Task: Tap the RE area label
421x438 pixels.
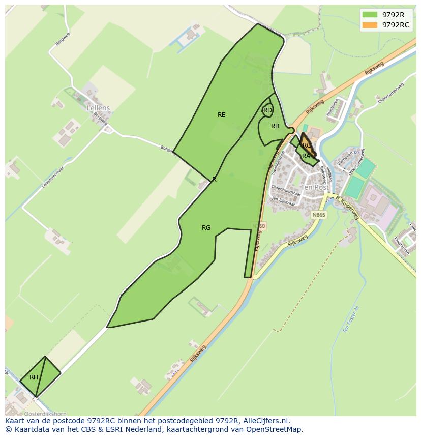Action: point(221,115)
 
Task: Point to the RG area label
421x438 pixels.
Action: point(206,228)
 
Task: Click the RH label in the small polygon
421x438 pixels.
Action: point(34,377)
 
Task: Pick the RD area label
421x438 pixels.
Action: point(267,110)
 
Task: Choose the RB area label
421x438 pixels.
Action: point(275,126)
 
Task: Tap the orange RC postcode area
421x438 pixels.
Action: point(306,144)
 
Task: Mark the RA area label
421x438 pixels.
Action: point(306,156)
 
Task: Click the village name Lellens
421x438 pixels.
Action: point(98,108)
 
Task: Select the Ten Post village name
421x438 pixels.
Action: point(315,187)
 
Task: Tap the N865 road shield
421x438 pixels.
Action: point(319,215)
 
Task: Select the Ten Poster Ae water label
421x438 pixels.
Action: point(351,319)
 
